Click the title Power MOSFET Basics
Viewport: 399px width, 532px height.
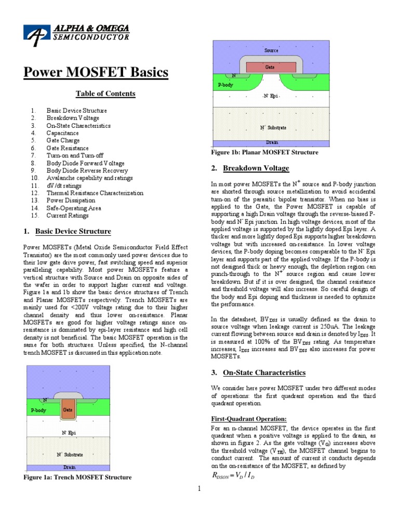point(96,73)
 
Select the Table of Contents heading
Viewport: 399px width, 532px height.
point(105,94)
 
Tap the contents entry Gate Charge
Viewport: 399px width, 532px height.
point(63,140)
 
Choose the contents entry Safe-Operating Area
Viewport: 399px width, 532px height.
point(74,208)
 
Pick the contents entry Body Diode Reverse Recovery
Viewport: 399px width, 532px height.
point(87,170)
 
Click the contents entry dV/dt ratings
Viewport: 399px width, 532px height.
point(64,185)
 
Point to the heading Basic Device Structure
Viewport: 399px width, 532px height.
point(73,231)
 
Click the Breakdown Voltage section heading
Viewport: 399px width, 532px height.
point(256,168)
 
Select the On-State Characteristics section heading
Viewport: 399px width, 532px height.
point(264,373)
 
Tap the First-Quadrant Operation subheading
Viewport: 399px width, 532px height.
point(248,419)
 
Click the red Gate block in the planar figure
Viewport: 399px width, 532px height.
point(271,67)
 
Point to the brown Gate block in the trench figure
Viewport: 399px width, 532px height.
point(68,409)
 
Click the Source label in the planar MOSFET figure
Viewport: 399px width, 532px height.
point(271,50)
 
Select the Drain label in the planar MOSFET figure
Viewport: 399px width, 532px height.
point(272,142)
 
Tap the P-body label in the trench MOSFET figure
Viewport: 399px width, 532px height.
point(38,410)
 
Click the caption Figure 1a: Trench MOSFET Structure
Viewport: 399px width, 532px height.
point(77,477)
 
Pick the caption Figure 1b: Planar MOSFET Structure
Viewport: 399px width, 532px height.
point(264,153)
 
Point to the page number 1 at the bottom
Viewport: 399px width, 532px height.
point(199,488)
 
